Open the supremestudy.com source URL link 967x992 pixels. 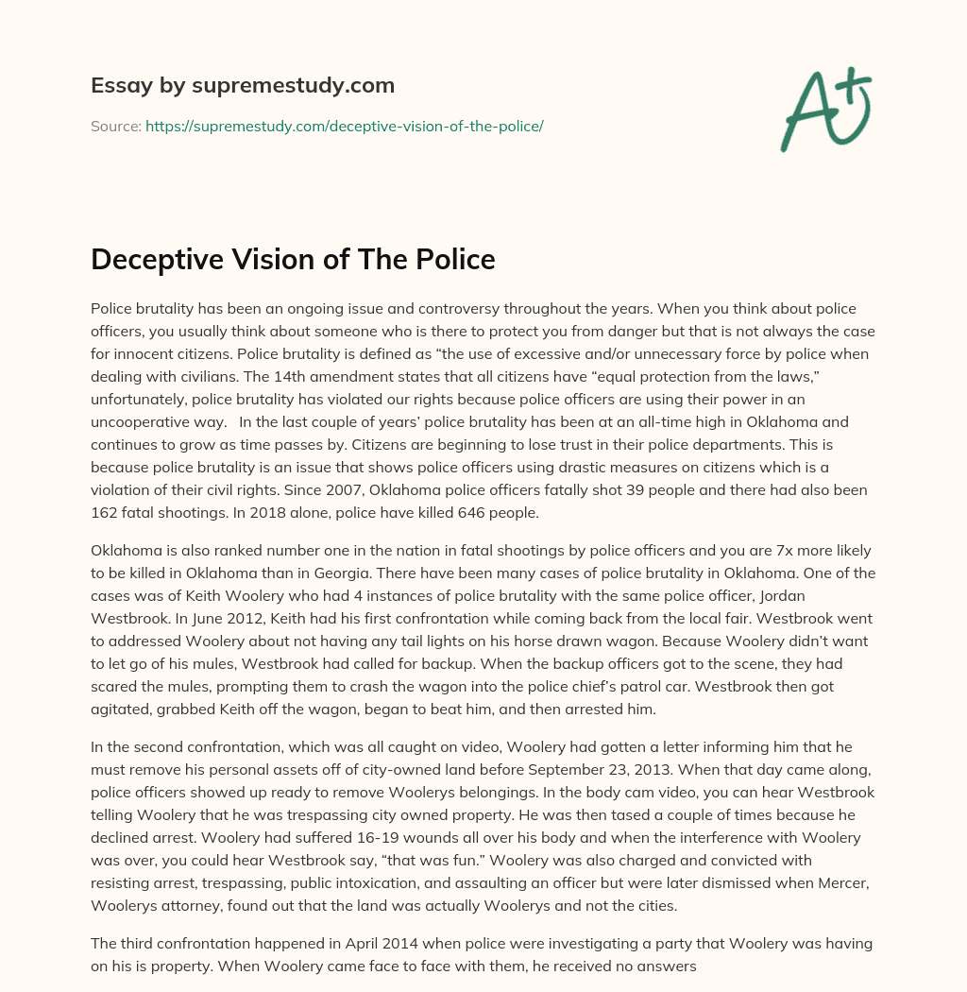point(344,126)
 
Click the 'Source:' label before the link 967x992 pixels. point(115,126)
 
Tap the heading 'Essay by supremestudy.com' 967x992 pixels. point(243,86)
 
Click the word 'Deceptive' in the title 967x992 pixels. point(160,259)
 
